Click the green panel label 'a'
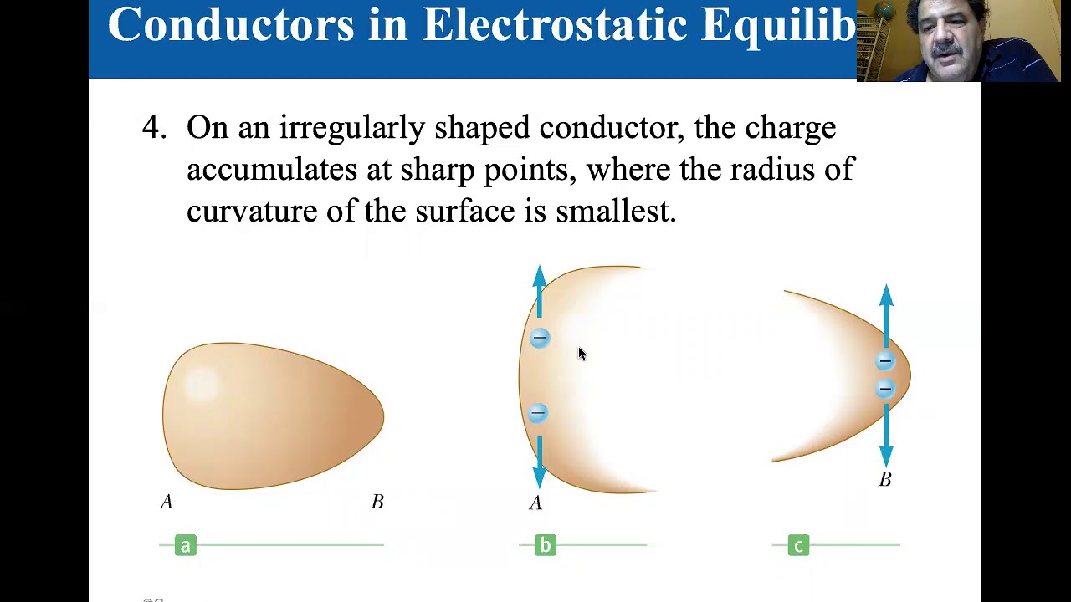click(x=186, y=546)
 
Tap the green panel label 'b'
click(x=545, y=546)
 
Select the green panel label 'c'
click(x=798, y=546)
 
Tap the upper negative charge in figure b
click(x=540, y=338)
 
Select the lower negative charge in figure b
click(x=538, y=413)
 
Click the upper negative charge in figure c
click(x=885, y=361)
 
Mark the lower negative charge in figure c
click(x=885, y=389)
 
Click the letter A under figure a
click(x=167, y=502)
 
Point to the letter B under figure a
click(x=377, y=502)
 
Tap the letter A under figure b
click(x=535, y=503)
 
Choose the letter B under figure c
click(x=884, y=479)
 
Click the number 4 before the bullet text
click(x=151, y=128)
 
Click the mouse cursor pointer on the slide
click(x=582, y=354)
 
